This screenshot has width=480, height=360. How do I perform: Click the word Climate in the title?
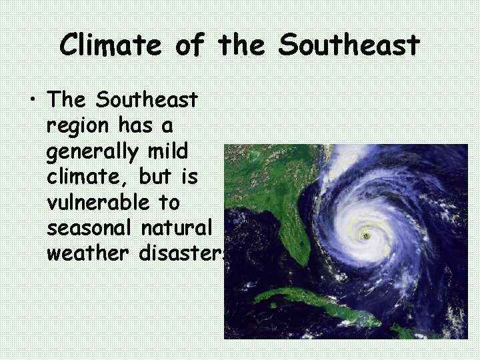click(110, 45)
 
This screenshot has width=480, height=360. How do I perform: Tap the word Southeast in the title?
click(349, 45)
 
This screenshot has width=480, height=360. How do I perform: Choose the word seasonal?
click(90, 227)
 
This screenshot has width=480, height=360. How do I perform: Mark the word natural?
click(176, 227)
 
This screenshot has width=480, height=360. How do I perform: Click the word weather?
click(89, 253)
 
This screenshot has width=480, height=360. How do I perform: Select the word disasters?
click(182, 253)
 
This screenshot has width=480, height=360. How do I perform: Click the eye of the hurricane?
click(365, 235)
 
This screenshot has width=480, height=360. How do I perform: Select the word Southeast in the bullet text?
click(147, 100)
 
